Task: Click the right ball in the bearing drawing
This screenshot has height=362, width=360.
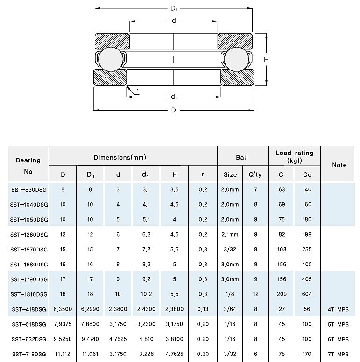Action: [x=236, y=59]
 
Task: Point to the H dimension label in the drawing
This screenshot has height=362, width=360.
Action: [x=266, y=60]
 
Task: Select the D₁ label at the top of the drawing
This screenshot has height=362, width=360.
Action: [x=173, y=8]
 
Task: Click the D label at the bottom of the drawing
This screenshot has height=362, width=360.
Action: [x=173, y=111]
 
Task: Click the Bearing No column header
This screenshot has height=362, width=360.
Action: [x=28, y=166]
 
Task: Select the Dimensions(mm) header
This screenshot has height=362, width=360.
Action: [x=133, y=158]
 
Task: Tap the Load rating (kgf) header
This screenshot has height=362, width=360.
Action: [x=295, y=156]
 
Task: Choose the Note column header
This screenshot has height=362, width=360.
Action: [x=339, y=165]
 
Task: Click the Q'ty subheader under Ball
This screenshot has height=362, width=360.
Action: [x=255, y=174]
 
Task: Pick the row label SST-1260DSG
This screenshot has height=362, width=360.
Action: [x=29, y=234]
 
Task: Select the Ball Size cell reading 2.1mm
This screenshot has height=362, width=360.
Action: [x=230, y=234]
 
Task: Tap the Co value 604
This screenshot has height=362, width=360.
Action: [x=307, y=294]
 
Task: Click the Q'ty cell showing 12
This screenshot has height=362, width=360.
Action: [x=255, y=294]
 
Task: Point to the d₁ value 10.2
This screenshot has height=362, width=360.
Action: [x=146, y=294]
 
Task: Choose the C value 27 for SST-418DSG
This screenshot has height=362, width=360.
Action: [x=281, y=309]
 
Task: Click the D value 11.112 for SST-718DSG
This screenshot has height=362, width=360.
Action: [x=63, y=354]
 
